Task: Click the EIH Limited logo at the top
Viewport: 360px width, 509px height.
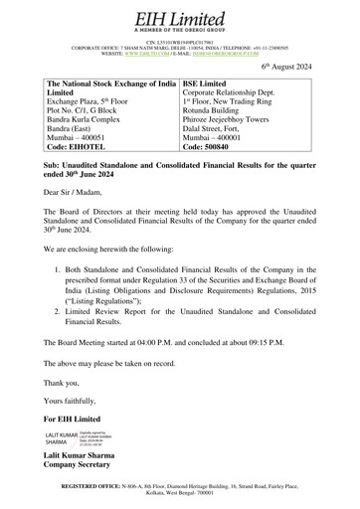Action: tap(180, 17)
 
